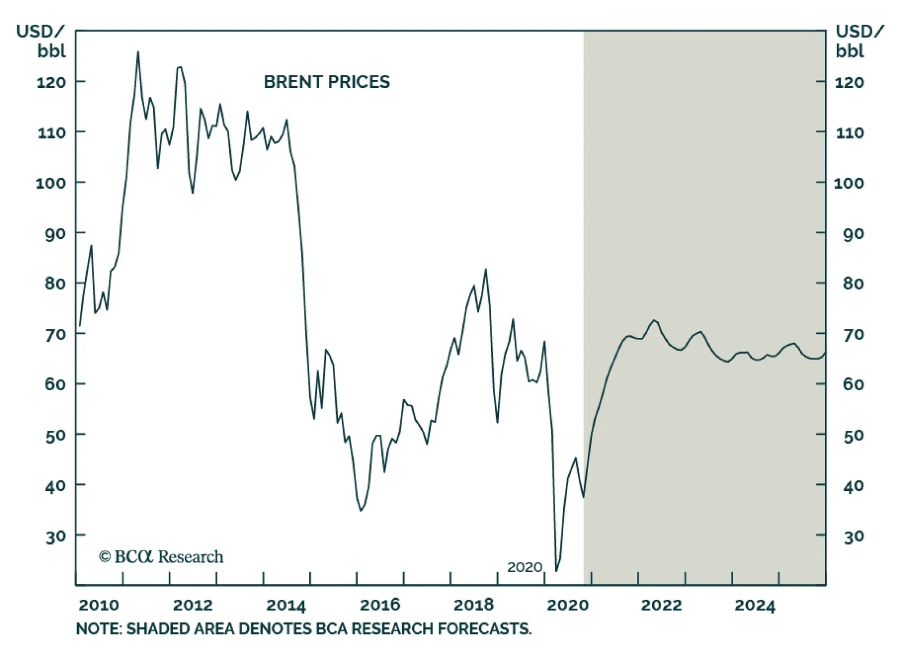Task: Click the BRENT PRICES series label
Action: (327, 82)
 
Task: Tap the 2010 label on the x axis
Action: (99, 605)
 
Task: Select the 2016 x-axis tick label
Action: (380, 605)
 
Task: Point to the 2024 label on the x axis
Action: (755, 605)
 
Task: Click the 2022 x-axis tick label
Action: (661, 605)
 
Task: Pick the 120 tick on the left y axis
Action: (51, 82)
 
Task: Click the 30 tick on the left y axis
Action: (55, 536)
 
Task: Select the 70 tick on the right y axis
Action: (854, 335)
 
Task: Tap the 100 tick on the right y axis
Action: (849, 183)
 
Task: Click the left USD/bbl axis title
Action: (41, 41)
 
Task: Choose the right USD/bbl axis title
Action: (859, 41)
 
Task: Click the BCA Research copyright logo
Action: (161, 557)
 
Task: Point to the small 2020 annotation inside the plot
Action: (525, 567)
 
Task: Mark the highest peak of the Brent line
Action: (138, 52)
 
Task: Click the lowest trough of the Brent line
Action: (556, 571)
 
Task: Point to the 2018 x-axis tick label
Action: (474, 605)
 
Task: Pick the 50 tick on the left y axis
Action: (55, 435)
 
